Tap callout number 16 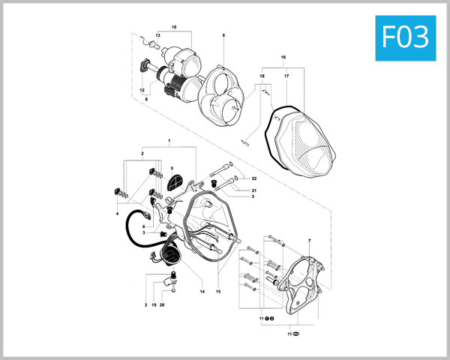pos(283,57)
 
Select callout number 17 pos(286,76)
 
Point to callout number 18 pos(262,76)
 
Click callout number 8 pos(223,36)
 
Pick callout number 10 pos(173,27)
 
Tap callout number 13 pos(158,36)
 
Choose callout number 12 pos(141,90)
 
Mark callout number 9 pos(146,100)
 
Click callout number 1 pos(169,141)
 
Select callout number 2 pos(142,153)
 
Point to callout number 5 pos(172,168)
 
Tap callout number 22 pos(254,178)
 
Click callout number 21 pos(254,191)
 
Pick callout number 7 pos(309,240)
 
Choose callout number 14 pos(202,291)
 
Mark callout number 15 pos(218,291)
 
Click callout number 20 pos(162,305)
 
